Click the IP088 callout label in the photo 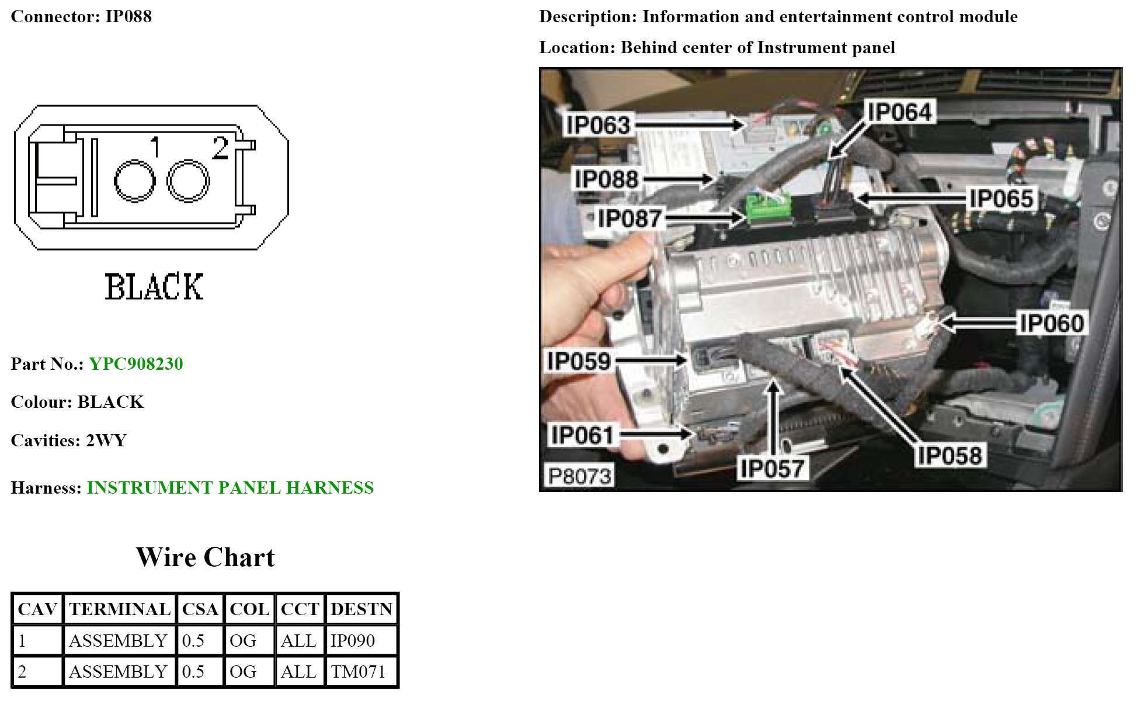tap(606, 179)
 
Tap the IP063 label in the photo tap(598, 125)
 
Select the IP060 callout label tap(1051, 323)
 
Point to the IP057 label tap(772, 468)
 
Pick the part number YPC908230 tap(136, 364)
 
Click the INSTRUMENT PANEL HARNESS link tap(230, 488)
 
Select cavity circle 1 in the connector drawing tap(135, 182)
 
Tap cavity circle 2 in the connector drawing tap(188, 182)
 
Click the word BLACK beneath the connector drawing tap(154, 287)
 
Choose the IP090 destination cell tap(353, 641)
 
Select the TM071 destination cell tap(358, 672)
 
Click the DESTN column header tap(361, 609)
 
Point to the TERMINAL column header tap(119, 609)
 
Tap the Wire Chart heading tap(205, 557)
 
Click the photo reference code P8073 tap(579, 476)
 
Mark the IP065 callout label tap(1001, 199)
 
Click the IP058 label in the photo tap(950, 456)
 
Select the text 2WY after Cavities tap(106, 440)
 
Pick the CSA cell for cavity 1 tap(193, 641)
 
